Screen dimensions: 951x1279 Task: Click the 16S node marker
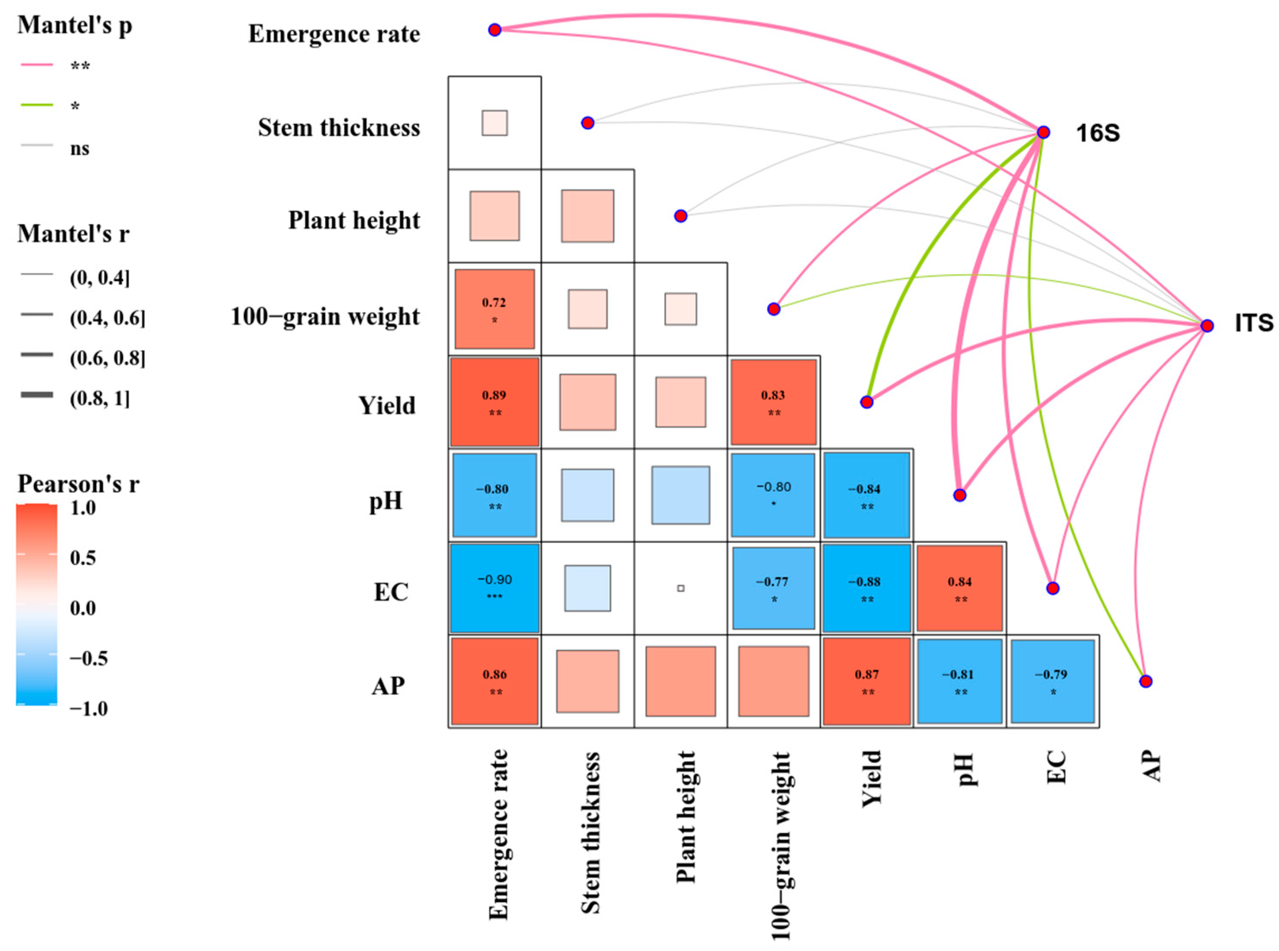click(1043, 132)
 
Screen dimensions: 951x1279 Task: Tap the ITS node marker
click(1207, 326)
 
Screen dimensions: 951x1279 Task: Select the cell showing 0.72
click(495, 309)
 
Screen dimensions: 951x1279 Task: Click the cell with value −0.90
click(495, 588)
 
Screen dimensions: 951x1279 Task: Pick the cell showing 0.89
click(495, 403)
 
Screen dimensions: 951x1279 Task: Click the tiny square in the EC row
click(681, 588)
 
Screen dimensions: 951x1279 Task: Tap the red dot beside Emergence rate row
click(495, 30)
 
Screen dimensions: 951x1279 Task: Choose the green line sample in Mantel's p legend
click(37, 105)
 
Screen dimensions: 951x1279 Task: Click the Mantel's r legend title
click(74, 234)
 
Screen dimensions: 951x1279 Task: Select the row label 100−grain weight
click(325, 317)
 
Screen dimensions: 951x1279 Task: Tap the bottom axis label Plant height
click(685, 817)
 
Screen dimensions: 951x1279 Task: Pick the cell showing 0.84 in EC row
click(960, 588)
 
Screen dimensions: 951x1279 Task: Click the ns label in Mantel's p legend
click(79, 148)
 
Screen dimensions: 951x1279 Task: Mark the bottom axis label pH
click(966, 769)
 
